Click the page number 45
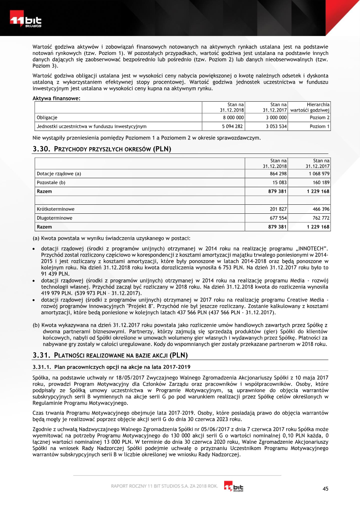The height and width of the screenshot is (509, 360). [x=326, y=489]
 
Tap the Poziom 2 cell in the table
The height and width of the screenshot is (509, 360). [x=319, y=117]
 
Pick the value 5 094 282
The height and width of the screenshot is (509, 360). [x=233, y=126]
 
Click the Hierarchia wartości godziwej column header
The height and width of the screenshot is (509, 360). [x=310, y=107]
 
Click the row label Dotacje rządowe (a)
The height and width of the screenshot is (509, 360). [x=59, y=173]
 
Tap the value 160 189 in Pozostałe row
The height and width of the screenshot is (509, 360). [x=321, y=182]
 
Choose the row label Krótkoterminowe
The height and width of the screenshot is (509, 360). [x=55, y=209]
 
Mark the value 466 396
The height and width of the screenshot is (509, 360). [x=321, y=209]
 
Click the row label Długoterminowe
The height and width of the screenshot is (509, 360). [x=54, y=218]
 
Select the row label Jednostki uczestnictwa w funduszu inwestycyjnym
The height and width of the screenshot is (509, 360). [x=91, y=126]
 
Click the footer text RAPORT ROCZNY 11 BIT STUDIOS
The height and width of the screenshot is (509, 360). [x=153, y=486]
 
